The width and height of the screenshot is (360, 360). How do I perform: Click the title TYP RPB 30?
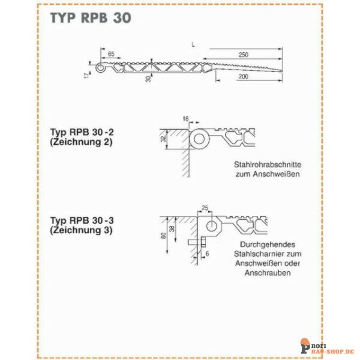91,18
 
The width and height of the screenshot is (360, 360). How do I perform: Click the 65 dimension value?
111,54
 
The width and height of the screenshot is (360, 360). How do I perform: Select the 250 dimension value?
244,55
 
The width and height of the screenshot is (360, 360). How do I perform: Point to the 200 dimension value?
244,76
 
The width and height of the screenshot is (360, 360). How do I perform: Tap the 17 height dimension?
86,76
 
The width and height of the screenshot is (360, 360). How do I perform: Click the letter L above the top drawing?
193,44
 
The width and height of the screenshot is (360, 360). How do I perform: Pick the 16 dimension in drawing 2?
185,119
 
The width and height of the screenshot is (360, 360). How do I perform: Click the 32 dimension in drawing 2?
163,139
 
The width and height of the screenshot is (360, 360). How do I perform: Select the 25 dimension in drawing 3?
205,208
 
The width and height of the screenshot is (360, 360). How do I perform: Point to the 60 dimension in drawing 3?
163,235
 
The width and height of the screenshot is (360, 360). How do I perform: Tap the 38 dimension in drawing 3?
172,228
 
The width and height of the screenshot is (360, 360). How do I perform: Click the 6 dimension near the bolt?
207,254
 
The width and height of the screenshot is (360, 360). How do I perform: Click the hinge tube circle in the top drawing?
100,68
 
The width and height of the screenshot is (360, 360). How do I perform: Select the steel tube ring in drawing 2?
199,139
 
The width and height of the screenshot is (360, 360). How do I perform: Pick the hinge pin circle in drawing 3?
211,226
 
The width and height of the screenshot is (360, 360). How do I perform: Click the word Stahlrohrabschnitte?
268,164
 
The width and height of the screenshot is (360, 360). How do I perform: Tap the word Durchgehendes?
268,244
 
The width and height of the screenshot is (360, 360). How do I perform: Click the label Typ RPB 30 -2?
82,132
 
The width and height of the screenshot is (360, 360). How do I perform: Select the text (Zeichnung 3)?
81,230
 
